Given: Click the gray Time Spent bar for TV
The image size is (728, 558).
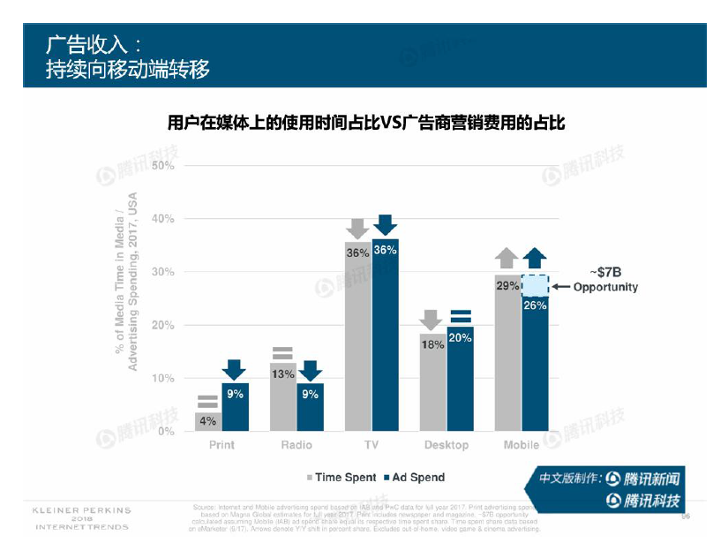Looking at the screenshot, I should click(357, 344).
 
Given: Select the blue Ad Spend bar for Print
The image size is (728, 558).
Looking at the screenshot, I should click(235, 411).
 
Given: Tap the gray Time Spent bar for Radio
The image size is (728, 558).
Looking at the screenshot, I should click(282, 402).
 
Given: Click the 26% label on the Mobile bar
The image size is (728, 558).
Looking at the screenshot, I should click(535, 305).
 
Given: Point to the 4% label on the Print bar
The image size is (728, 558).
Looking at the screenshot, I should click(207, 421).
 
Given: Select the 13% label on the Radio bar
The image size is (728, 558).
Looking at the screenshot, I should click(282, 373).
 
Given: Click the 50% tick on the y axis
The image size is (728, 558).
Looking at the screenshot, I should click(162, 166).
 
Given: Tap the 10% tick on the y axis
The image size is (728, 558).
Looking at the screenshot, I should click(162, 378).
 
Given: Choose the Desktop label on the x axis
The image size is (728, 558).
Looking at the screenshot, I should click(447, 445).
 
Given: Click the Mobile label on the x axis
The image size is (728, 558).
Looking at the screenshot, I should click(522, 445).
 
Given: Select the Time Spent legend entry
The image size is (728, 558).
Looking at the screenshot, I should click(341, 478).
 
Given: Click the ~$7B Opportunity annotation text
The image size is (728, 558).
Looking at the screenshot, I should click(605, 279).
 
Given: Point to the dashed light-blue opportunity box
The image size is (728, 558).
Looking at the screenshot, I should click(535, 284).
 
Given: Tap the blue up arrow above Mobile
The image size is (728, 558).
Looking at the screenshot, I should click(535, 258).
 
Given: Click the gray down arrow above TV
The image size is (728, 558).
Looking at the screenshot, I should click(357, 228).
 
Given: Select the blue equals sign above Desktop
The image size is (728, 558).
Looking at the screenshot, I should click(460, 316).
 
